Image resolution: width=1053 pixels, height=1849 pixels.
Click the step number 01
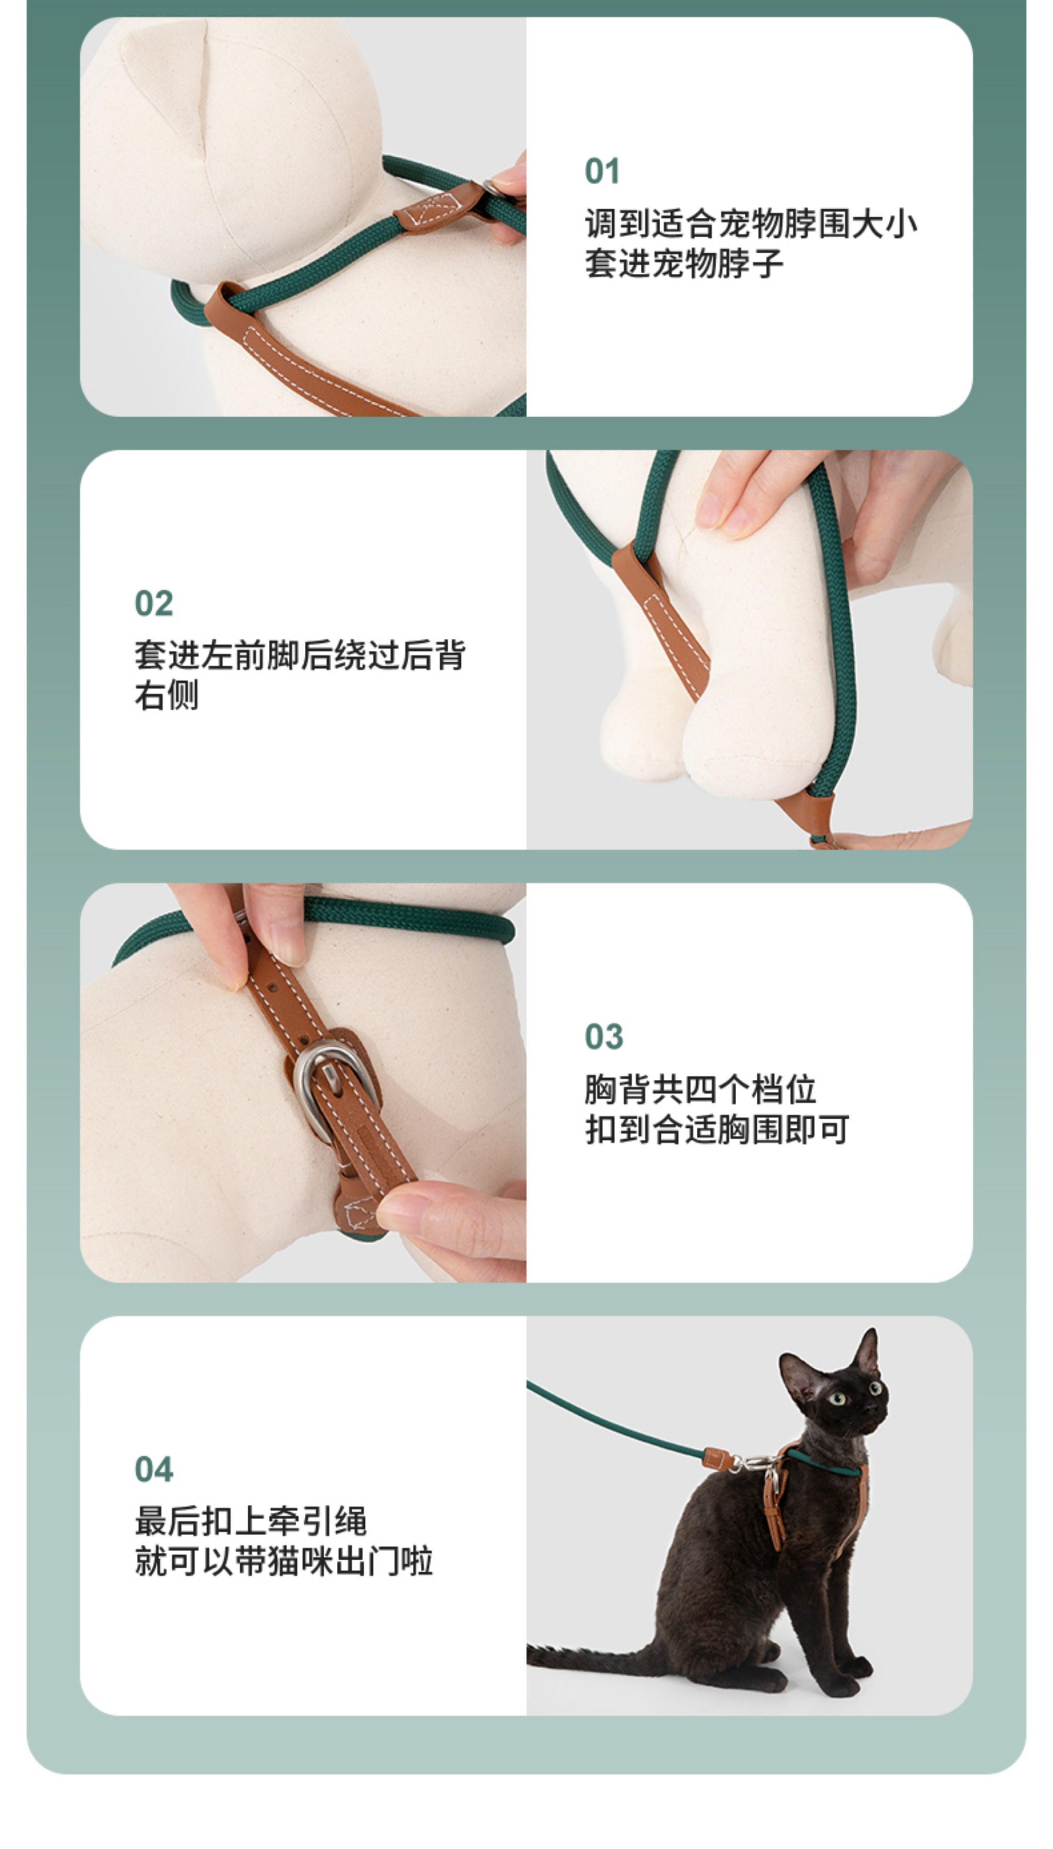click(x=602, y=172)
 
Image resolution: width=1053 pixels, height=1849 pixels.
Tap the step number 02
click(x=153, y=604)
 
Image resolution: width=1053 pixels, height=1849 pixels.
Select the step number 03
click(x=604, y=1037)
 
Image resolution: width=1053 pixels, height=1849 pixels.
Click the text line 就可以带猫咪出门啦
click(x=284, y=1561)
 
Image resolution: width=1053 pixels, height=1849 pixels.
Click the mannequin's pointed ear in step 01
click(x=166, y=79)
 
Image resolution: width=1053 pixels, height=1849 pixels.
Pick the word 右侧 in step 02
click(x=166, y=695)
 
